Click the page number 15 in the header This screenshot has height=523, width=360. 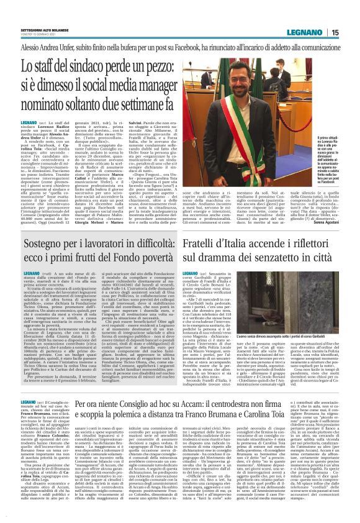point(335,32)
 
